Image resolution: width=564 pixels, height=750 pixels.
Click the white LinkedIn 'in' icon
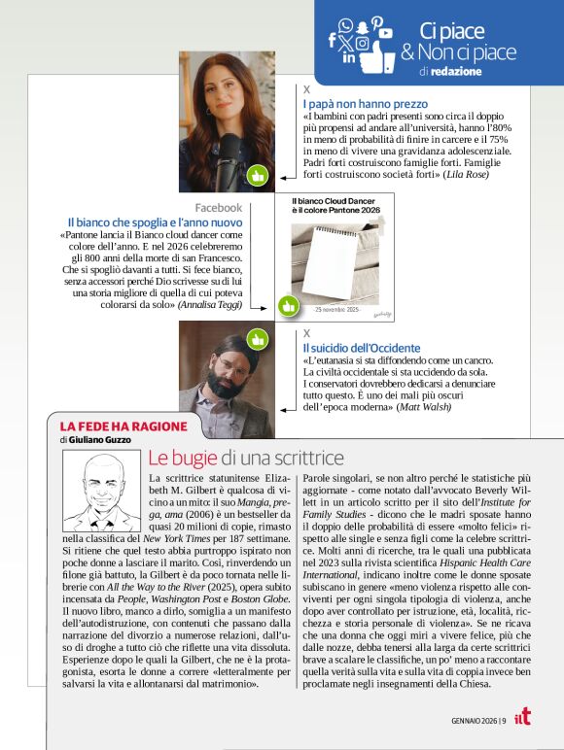(x=349, y=58)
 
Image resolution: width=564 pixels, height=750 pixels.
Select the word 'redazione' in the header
(x=451, y=72)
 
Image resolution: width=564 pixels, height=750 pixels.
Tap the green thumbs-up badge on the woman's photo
(x=257, y=176)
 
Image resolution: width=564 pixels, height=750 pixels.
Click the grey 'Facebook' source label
(x=218, y=208)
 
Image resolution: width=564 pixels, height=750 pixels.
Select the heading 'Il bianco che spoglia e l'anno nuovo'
(x=155, y=222)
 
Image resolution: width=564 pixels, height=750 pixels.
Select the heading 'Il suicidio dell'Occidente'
(x=361, y=347)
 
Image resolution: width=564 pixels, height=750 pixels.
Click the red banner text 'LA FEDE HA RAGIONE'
(x=109, y=426)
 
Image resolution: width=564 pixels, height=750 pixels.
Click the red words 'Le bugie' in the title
(x=182, y=458)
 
